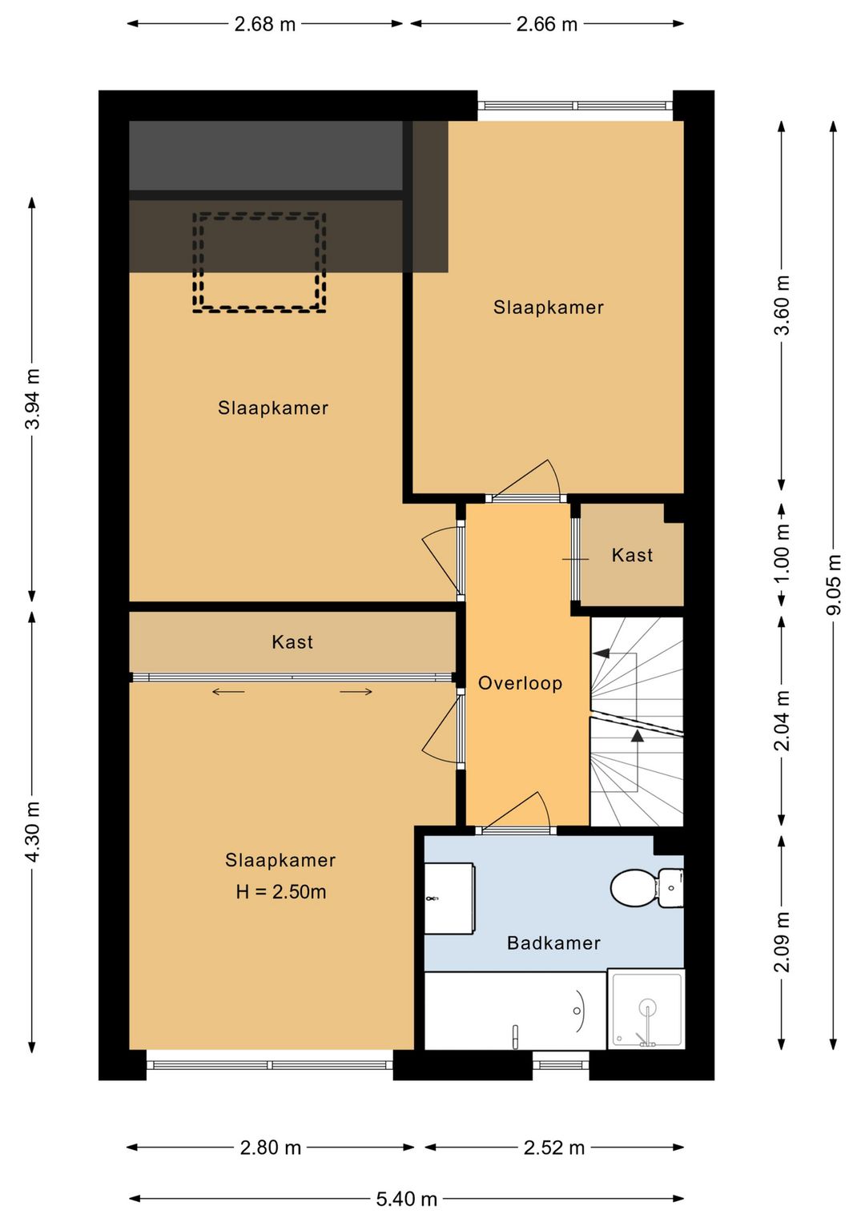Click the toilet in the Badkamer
(646, 889)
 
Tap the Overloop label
(520, 684)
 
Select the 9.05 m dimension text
(833, 585)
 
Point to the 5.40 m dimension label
(407, 1199)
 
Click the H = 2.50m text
(281, 892)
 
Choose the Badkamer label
(554, 943)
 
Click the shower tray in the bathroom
(646, 1009)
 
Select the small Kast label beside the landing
(632, 556)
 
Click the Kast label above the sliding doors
(292, 642)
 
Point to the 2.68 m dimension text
(264, 25)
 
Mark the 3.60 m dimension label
(782, 305)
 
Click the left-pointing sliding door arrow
(228, 693)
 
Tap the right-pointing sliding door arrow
(356, 693)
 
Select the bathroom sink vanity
(449, 898)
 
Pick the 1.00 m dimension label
(782, 553)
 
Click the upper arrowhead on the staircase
(601, 653)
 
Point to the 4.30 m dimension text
(32, 832)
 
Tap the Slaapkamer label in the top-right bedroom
(549, 308)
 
